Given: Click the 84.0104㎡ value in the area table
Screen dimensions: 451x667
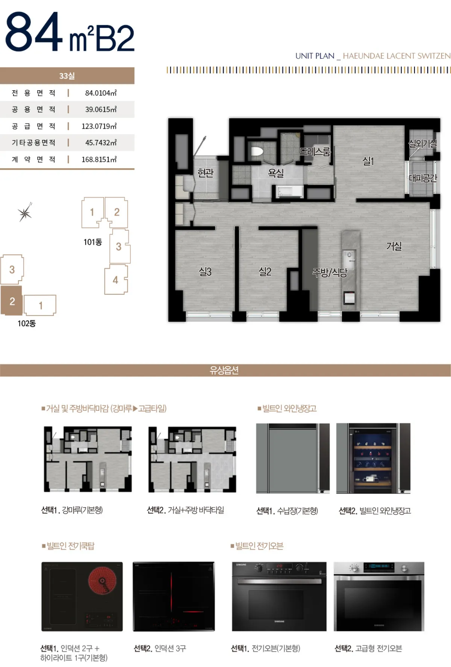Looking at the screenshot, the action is pos(101,93).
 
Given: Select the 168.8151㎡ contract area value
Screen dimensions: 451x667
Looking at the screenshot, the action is pos(99,160).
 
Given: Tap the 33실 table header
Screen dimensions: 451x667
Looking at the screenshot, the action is pos(67,76).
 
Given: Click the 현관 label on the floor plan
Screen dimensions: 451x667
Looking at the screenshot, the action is pos(206,173).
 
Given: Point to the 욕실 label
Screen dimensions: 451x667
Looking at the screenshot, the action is pos(275,173).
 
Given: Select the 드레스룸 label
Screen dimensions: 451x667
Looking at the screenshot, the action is pos(315,152).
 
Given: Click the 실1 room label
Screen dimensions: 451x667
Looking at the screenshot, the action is pos(368,161).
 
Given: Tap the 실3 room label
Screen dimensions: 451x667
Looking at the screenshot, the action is pos(205,272).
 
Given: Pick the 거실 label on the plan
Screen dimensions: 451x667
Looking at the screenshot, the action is pos(394,246).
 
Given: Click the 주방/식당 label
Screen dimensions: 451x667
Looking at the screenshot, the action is pos(330,272).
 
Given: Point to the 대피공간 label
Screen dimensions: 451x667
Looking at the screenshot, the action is pos(423,178).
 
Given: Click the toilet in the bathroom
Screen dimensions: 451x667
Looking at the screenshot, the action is pos(256,152).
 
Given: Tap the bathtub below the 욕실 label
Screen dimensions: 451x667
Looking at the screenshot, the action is pos(290,191).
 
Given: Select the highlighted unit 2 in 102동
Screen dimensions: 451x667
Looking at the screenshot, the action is pos(12,301).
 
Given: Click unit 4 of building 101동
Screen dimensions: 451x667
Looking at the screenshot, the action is pos(116,280).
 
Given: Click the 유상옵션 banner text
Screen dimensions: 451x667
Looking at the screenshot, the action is pos(224,370).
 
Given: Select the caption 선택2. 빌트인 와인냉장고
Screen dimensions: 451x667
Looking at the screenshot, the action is pos(375,511).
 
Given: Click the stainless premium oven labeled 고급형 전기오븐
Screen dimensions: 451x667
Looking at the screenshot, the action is pos(379,596).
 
